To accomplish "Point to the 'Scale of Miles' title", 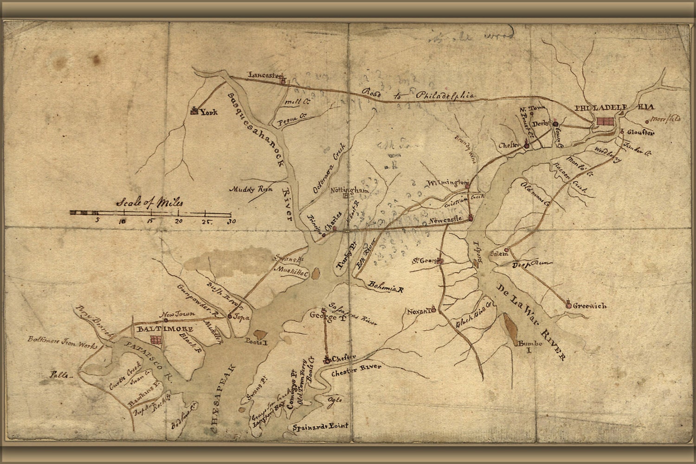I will point(150,203).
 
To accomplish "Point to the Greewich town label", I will point(590,306).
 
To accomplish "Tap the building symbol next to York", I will point(193,110).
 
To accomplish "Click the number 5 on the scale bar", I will point(97,221).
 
